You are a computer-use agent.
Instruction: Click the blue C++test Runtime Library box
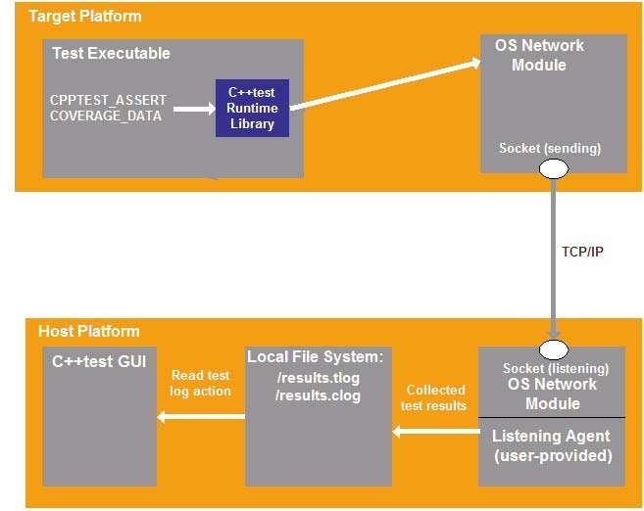252,108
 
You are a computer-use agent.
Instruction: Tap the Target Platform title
85,16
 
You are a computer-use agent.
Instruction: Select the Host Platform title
89,331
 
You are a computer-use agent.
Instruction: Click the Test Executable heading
111,53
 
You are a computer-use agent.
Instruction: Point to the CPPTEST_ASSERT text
108,100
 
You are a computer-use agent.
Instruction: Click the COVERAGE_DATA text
106,116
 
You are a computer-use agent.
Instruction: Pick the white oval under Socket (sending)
554,169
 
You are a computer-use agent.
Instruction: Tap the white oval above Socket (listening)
554,349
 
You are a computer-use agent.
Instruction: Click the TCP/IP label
582,252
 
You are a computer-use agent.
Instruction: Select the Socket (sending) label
550,148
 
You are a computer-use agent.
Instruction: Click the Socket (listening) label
556,368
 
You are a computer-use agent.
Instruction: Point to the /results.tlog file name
319,378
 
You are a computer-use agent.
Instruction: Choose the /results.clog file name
318,395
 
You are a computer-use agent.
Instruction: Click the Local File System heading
315,356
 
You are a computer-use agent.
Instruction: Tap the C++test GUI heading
99,361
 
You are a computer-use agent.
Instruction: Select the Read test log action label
200,383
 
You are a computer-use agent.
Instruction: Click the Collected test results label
433,397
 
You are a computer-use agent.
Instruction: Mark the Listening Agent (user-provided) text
553,445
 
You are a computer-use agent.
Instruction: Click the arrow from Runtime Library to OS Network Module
385,85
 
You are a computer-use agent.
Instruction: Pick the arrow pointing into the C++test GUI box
201,417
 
